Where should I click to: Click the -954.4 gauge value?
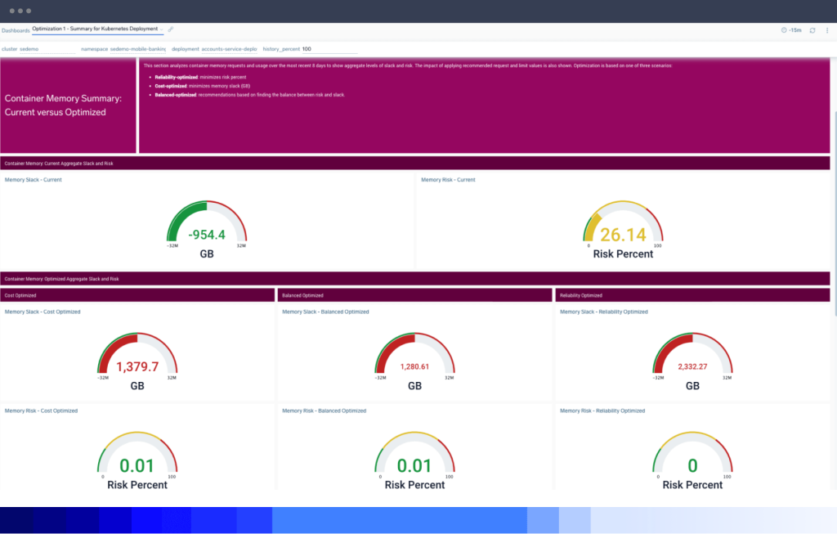pyautogui.click(x=207, y=235)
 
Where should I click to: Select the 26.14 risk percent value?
pyautogui.click(x=623, y=236)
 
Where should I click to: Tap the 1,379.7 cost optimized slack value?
pyautogui.click(x=137, y=366)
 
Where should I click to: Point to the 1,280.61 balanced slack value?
pyautogui.click(x=414, y=366)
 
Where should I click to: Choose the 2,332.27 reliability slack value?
pyautogui.click(x=692, y=366)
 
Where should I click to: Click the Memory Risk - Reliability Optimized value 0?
pyautogui.click(x=692, y=466)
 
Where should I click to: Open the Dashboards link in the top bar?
pyautogui.click(x=16, y=30)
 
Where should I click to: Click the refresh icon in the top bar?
pyautogui.click(x=812, y=30)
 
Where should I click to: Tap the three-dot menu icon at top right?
pyautogui.click(x=826, y=30)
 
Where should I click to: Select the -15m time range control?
pyautogui.click(x=791, y=30)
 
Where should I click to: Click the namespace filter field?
pyautogui.click(x=123, y=49)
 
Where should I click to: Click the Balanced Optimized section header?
pyautogui.click(x=302, y=295)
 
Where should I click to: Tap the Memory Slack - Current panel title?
pyautogui.click(x=34, y=180)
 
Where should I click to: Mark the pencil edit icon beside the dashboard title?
pyautogui.click(x=171, y=29)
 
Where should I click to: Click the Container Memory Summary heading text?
pyautogui.click(x=63, y=105)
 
